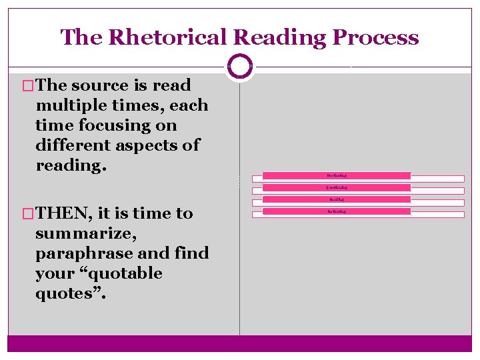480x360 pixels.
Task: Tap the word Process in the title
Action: [377, 37]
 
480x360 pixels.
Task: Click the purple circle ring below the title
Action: [240, 67]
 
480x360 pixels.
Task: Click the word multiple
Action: [75, 105]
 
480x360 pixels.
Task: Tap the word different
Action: [75, 145]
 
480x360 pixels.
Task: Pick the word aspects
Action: [148, 145]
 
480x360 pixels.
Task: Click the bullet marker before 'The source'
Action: [28, 85]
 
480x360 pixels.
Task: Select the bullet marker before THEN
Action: [28, 213]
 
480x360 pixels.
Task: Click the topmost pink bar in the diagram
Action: [337, 176]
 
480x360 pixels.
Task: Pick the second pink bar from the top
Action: [337, 187]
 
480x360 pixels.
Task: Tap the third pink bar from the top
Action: [337, 199]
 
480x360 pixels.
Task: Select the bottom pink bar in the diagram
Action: [337, 211]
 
